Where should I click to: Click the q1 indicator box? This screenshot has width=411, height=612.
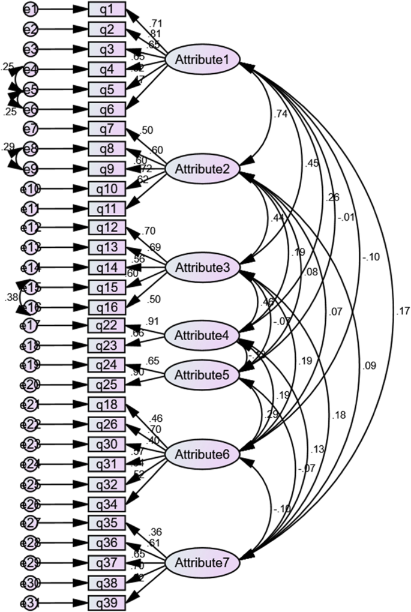pos(107,10)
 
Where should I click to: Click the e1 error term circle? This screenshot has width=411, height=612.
pos(32,10)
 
